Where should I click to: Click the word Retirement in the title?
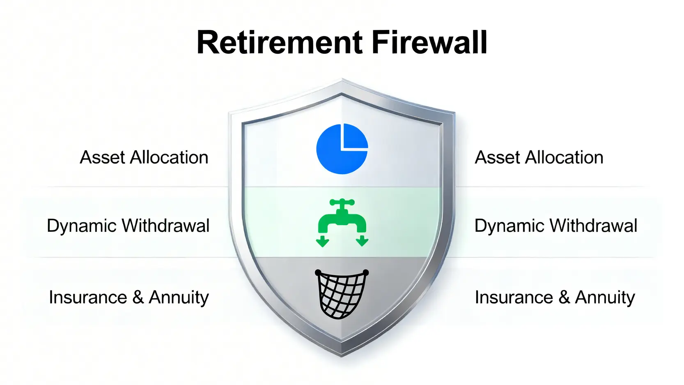point(280,42)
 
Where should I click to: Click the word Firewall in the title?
point(429,42)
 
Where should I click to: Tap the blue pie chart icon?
point(342,149)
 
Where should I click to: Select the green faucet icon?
point(342,222)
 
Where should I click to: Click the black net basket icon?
point(342,294)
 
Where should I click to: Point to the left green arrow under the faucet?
point(322,241)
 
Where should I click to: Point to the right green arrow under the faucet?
point(362,241)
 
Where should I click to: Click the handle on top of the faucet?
point(342,202)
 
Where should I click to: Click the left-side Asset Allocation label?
point(144,157)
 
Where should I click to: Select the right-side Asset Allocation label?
point(539,157)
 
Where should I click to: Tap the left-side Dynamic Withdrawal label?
point(128,226)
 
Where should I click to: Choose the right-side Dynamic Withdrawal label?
point(556,226)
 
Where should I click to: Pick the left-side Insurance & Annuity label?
point(129,297)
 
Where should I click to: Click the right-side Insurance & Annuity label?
point(555,297)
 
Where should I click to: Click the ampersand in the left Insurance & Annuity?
point(138,297)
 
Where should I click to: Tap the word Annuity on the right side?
point(605,297)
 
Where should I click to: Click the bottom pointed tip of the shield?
point(342,356)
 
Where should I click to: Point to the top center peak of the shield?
point(342,79)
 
